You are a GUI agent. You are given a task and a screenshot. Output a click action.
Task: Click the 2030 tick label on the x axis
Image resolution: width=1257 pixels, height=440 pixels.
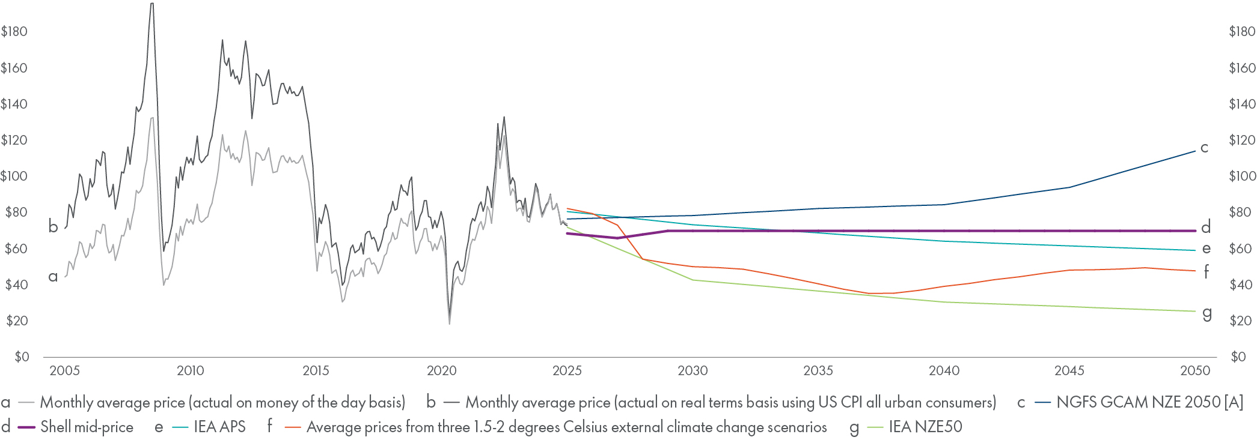click(693, 370)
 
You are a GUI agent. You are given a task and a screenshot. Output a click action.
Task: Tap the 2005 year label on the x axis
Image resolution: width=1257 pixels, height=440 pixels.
click(64, 370)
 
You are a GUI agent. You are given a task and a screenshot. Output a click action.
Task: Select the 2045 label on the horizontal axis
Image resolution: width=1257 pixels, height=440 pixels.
click(1069, 370)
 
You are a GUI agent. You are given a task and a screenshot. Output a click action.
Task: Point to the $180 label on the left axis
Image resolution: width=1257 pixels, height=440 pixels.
click(14, 32)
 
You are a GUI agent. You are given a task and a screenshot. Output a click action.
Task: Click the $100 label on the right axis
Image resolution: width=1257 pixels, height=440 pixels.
click(1242, 176)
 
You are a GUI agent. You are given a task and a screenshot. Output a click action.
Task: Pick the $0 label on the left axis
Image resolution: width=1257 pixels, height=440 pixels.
click(22, 357)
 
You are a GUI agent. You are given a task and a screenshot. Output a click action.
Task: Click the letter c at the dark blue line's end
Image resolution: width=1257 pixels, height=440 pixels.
click(1204, 148)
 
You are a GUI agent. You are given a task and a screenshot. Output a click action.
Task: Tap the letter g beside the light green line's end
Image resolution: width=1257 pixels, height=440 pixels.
click(1207, 313)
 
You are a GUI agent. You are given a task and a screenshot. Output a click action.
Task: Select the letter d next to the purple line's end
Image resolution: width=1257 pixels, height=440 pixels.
click(1205, 228)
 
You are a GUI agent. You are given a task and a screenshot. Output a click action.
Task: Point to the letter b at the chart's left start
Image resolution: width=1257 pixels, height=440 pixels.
click(53, 227)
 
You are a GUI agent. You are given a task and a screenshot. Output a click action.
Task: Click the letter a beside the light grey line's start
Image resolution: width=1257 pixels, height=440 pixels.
click(53, 277)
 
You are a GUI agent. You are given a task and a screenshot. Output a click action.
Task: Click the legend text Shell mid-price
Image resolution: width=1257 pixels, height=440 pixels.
click(87, 427)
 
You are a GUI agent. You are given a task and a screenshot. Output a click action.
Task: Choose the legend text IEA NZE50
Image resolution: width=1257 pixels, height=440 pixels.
click(925, 427)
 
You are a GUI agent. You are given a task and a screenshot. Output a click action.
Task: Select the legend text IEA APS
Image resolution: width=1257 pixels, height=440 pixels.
click(219, 427)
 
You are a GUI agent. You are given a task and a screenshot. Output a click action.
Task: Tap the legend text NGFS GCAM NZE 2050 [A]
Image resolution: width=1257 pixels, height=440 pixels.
click(1149, 402)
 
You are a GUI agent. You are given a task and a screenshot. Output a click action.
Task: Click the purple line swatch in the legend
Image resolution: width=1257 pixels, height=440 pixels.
click(26, 427)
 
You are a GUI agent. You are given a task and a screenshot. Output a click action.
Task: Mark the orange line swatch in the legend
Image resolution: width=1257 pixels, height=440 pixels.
click(293, 427)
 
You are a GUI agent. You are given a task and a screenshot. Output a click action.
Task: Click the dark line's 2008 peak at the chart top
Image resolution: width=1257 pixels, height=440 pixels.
click(151, 5)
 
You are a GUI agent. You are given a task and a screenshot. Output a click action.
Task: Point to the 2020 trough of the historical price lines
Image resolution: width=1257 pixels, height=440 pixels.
click(449, 323)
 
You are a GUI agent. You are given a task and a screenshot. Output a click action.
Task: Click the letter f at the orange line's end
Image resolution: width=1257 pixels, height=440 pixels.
click(1206, 272)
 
